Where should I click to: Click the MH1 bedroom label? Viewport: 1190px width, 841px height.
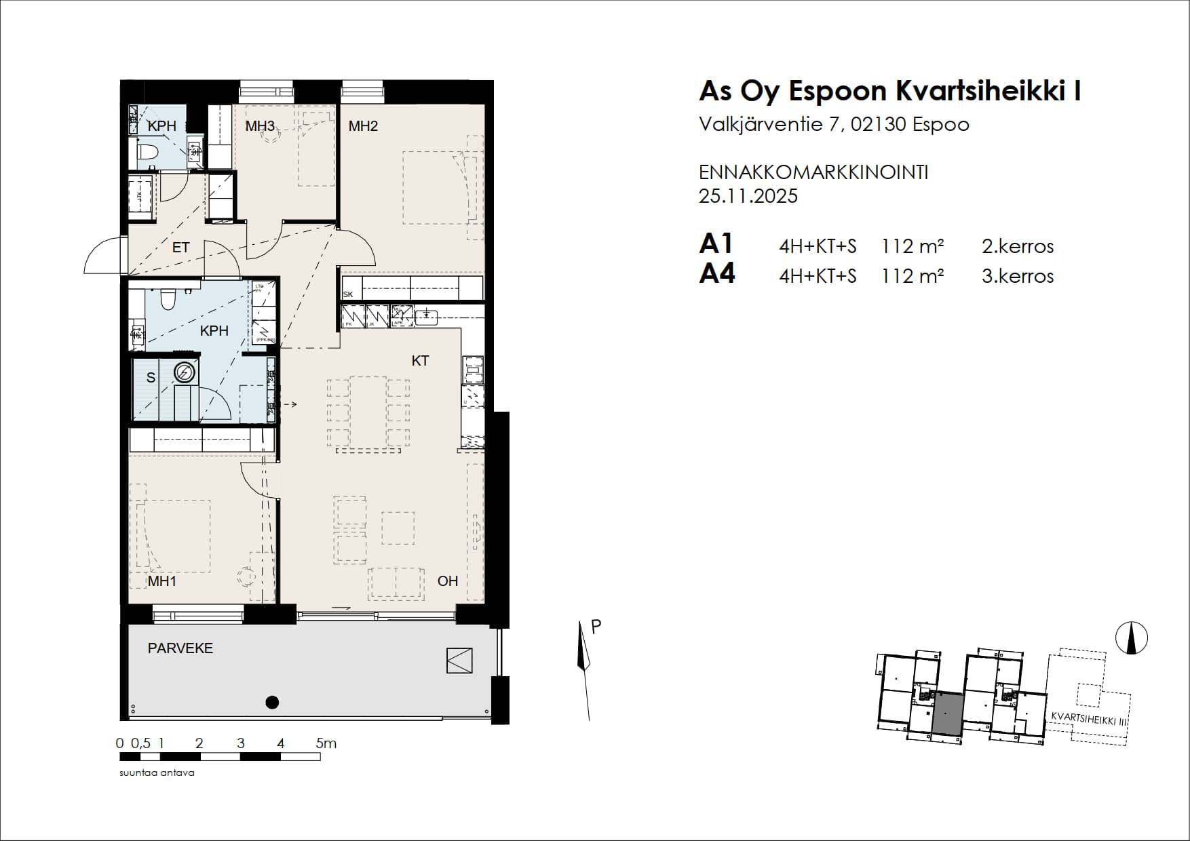(162, 581)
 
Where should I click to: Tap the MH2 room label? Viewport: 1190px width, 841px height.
(363, 126)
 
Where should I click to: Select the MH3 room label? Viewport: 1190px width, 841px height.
(260, 126)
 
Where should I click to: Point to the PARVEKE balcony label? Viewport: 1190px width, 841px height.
(180, 648)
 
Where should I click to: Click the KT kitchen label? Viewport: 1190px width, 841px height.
(420, 361)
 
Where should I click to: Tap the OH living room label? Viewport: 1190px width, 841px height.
(448, 581)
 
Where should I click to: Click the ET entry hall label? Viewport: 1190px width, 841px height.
(180, 248)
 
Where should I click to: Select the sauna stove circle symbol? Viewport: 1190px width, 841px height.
(185, 372)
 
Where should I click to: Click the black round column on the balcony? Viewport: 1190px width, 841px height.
(272, 703)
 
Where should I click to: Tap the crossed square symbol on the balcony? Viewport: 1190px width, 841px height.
(459, 661)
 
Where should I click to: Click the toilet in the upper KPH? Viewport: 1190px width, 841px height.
(147, 151)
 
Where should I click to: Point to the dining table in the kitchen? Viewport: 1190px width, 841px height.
(368, 413)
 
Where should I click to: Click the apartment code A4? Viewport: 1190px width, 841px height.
(717, 274)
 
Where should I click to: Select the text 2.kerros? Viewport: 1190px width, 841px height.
(1017, 246)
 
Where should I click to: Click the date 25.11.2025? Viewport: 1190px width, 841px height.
(748, 196)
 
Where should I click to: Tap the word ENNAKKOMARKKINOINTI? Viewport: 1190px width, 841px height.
(813, 172)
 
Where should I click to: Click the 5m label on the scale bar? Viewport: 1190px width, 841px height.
(326, 743)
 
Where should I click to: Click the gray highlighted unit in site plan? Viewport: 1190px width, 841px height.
(947, 714)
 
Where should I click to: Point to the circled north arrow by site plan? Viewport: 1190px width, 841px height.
(1131, 638)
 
